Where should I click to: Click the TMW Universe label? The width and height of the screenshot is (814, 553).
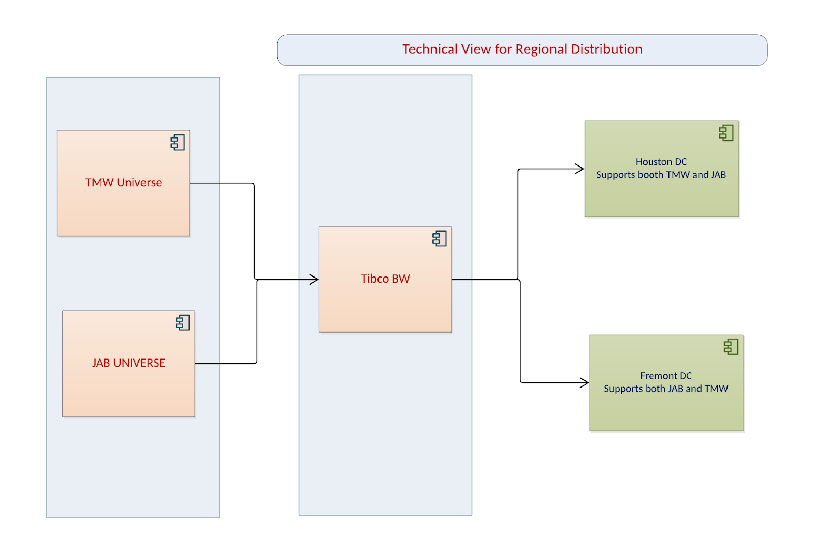click(x=123, y=182)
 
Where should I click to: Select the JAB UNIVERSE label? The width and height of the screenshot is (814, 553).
click(x=128, y=363)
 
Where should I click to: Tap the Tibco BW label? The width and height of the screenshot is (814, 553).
click(x=385, y=279)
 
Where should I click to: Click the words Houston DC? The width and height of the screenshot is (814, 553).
click(x=661, y=162)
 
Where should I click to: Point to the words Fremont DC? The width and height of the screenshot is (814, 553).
click(x=665, y=376)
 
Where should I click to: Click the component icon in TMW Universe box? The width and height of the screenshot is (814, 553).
click(x=178, y=143)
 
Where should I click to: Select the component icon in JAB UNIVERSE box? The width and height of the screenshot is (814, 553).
click(x=183, y=323)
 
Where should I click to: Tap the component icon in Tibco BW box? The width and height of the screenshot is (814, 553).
click(x=440, y=238)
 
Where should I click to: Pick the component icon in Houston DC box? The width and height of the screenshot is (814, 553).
click(x=726, y=133)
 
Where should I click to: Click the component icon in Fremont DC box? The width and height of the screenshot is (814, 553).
click(x=731, y=347)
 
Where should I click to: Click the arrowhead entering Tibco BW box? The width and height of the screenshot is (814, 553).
click(x=315, y=279)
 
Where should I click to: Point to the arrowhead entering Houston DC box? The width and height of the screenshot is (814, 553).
click(x=579, y=169)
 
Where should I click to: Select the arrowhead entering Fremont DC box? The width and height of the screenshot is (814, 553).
click(x=585, y=382)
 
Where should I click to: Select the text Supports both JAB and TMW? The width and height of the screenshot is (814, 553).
click(x=665, y=389)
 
